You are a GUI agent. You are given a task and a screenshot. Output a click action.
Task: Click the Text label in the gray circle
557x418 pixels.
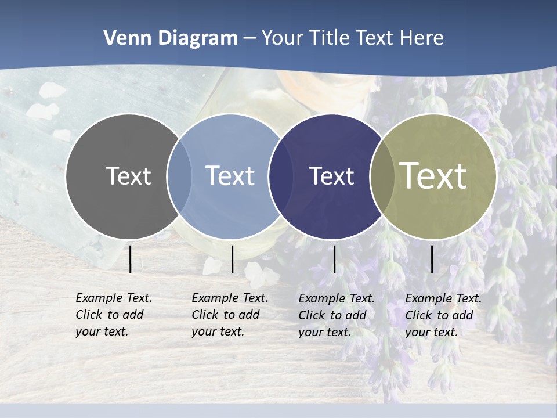128,176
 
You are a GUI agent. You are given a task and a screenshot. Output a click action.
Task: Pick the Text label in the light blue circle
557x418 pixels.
230,176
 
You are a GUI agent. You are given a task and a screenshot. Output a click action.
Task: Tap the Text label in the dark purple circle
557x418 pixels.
331,176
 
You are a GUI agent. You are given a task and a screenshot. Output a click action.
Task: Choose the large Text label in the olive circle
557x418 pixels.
433,176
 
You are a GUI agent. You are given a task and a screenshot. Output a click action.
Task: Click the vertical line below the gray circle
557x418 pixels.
131,259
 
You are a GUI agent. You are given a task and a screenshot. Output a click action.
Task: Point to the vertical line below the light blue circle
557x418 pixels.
232,259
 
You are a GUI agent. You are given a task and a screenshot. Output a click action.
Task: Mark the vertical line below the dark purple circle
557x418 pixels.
334,259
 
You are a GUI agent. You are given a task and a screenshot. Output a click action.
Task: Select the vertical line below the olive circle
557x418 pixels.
432,259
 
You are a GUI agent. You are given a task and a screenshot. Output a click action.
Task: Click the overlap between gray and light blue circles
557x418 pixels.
179,176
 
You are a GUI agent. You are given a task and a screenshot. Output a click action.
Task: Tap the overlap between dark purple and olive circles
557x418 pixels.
382,176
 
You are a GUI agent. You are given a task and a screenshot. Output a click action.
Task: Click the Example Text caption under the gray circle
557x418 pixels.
113,315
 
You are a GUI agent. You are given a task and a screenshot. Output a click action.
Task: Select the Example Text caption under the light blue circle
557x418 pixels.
229,315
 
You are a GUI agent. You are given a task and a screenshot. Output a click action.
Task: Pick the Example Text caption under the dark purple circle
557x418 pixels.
336,315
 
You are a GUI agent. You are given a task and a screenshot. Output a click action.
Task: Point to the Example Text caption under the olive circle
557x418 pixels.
443,315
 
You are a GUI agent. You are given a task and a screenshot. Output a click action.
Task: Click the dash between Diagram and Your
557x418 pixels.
249,38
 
